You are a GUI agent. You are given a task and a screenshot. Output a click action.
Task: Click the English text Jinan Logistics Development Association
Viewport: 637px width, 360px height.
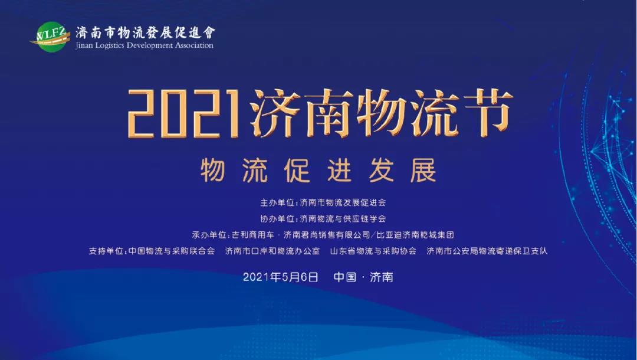145,45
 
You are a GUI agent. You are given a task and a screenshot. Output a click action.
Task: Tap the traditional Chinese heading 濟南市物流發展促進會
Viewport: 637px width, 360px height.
146,32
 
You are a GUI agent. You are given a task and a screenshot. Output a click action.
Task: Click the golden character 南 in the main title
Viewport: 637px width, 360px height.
329,112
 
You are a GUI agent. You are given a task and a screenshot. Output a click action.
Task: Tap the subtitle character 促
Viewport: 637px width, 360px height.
297,170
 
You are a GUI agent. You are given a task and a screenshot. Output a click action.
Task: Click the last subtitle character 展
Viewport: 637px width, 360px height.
423,170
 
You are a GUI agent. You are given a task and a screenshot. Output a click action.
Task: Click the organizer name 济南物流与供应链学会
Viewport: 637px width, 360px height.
343,218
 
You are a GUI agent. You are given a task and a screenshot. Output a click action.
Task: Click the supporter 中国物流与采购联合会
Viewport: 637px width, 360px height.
172,251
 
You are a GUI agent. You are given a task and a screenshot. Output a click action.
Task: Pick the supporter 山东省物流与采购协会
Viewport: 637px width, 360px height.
373,251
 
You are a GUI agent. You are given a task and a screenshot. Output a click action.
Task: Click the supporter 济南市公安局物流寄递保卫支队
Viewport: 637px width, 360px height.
487,251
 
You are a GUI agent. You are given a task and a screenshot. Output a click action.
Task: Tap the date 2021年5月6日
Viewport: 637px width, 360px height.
280,277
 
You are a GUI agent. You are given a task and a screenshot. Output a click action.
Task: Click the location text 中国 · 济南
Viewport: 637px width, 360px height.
363,277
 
